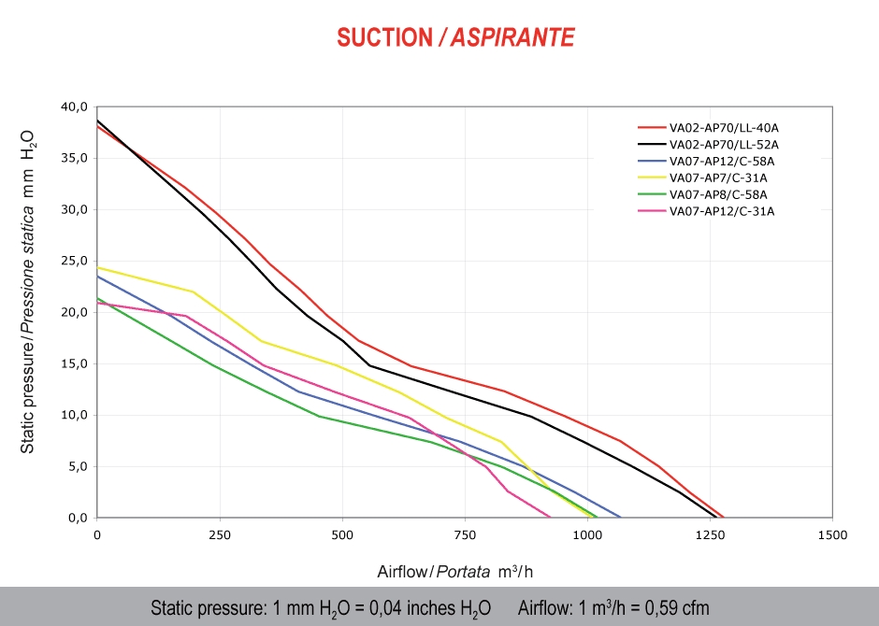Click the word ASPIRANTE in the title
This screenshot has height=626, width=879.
pos(512,37)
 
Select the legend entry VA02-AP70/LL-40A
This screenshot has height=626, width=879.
pos(723,127)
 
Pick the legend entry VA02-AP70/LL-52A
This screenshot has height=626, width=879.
pos(723,144)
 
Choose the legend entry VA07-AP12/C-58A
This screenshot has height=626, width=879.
pos(721,161)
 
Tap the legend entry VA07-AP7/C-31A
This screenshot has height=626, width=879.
pos(718,178)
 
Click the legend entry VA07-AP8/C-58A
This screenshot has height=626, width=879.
pos(718,194)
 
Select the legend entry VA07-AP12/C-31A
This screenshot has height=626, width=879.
pos(721,211)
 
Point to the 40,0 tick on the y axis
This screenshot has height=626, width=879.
pos(74,107)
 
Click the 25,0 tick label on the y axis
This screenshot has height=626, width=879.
pos(74,261)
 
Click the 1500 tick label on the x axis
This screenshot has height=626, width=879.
pos(831,535)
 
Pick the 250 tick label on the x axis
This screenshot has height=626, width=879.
pos(220,535)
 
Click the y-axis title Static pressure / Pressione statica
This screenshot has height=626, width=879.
pos(28,290)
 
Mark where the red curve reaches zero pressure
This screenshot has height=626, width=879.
pos(724,517)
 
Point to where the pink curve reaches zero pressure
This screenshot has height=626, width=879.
pos(550,517)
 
